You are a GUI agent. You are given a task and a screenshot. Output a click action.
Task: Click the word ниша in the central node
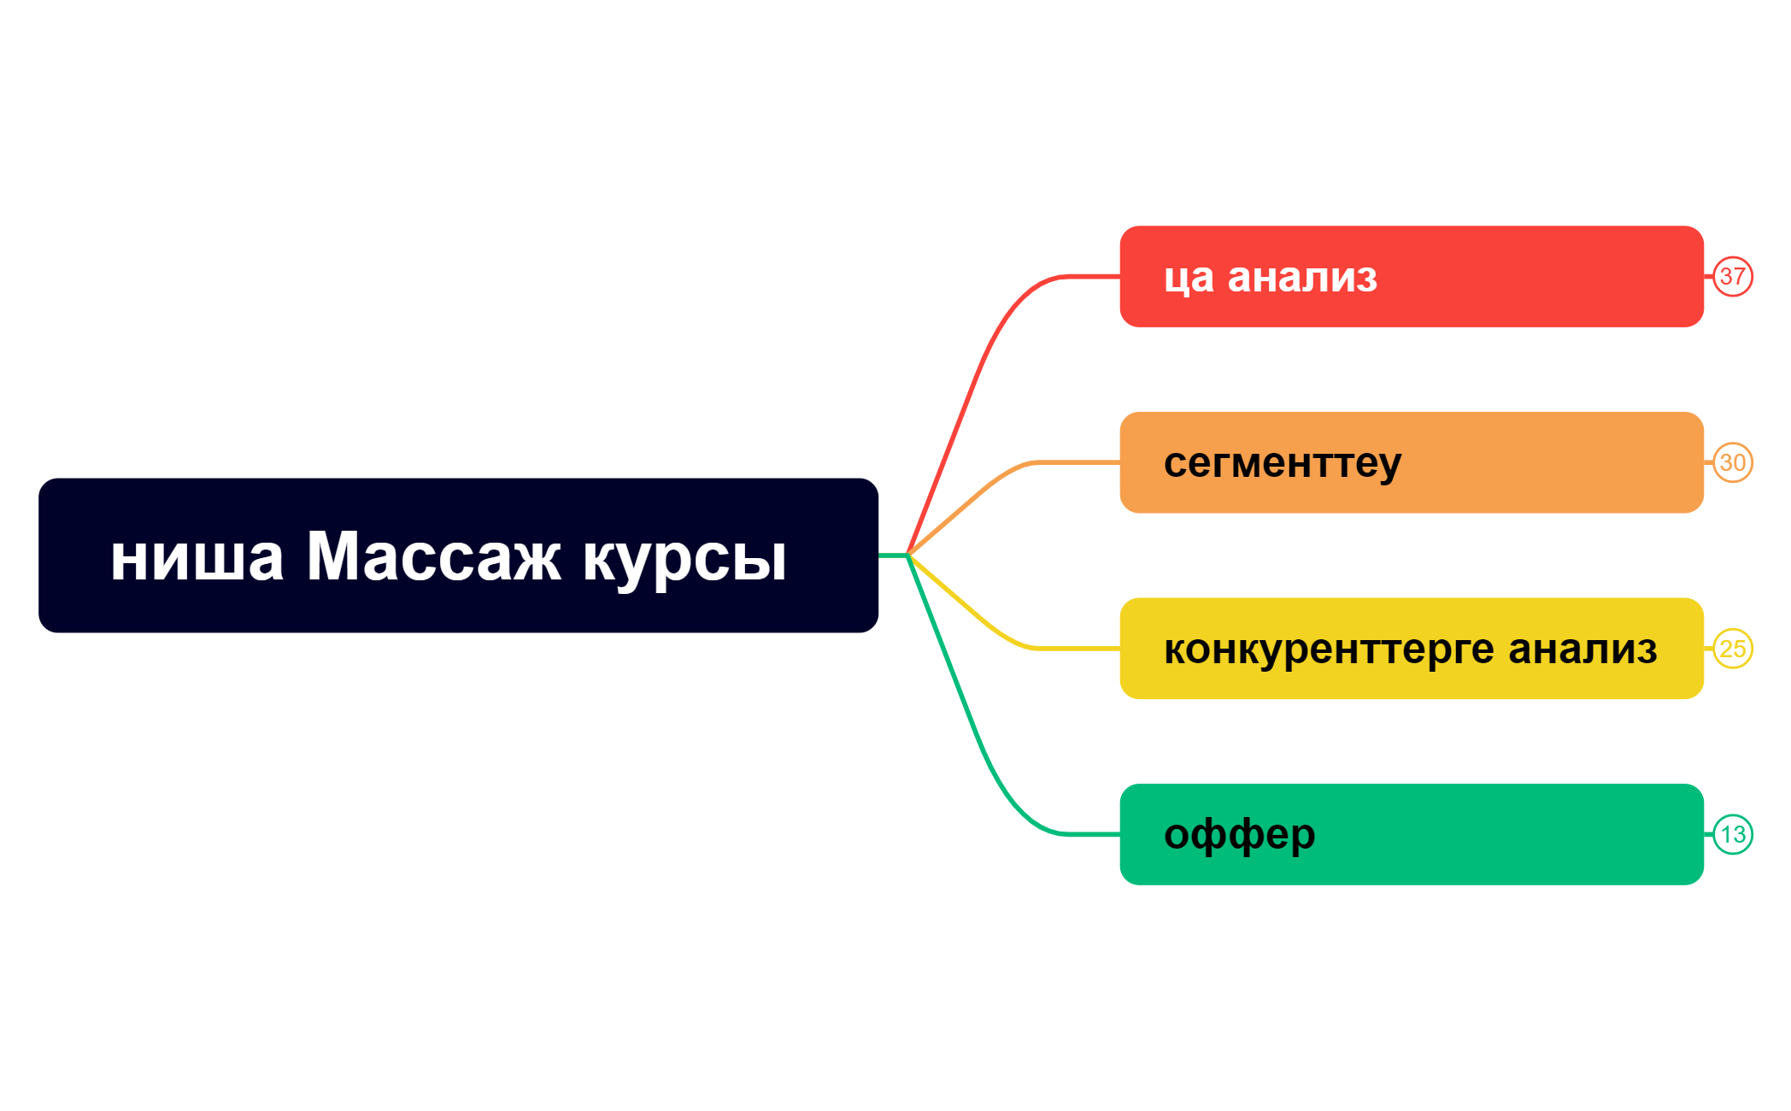point(197,557)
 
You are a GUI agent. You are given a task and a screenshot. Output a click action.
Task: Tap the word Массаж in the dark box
point(433,557)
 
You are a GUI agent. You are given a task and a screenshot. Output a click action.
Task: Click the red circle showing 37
point(1732,277)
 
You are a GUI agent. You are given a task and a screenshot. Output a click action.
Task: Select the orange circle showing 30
point(1732,462)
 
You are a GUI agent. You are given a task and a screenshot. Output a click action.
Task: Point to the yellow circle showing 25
point(1732,649)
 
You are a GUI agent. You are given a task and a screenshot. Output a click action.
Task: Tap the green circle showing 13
point(1732,834)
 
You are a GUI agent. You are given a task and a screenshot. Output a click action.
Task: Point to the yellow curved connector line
point(983,618)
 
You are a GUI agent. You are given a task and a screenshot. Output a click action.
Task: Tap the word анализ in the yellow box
point(1583,649)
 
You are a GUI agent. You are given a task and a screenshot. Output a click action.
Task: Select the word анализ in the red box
point(1302,277)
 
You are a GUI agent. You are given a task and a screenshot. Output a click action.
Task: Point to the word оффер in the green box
point(1239,835)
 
